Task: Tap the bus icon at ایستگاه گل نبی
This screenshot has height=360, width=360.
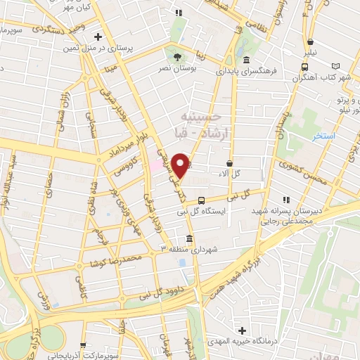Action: point(202,200)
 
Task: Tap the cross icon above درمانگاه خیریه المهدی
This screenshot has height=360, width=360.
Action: point(242,330)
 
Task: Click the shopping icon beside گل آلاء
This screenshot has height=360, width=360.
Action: point(229,162)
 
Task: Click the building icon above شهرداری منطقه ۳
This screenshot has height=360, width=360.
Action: point(189,238)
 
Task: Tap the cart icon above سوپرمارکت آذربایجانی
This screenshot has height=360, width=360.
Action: point(84,345)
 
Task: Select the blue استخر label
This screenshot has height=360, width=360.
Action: point(326,134)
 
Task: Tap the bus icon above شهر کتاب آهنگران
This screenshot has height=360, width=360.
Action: point(304,66)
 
